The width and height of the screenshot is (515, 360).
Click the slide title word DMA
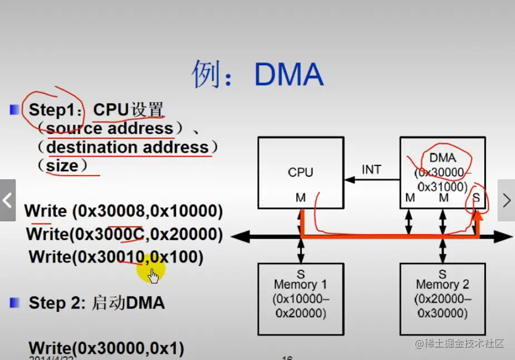click(289, 75)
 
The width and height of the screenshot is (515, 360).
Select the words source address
click(110, 129)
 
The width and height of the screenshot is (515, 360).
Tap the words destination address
click(127, 148)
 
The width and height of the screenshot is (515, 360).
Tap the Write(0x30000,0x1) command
click(106, 349)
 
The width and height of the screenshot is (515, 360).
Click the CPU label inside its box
click(301, 172)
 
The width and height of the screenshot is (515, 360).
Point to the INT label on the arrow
click(371, 169)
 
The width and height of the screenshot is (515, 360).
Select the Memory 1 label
click(301, 285)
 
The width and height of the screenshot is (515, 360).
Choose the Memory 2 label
click(443, 285)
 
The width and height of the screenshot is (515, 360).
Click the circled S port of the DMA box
click(476, 197)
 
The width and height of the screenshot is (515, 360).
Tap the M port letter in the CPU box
click(301, 197)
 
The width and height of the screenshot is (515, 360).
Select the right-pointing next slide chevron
click(506, 200)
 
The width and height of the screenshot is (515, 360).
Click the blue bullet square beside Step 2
click(15, 303)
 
